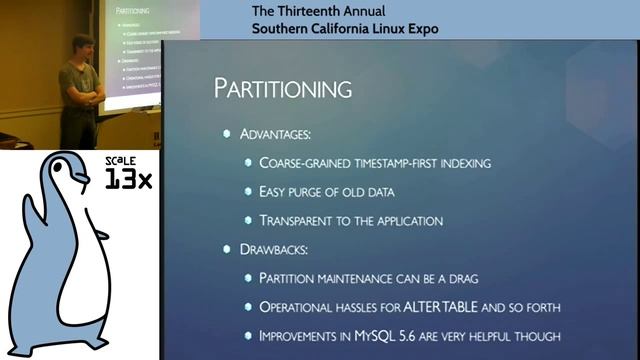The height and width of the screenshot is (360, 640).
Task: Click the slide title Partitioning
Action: point(283,88)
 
